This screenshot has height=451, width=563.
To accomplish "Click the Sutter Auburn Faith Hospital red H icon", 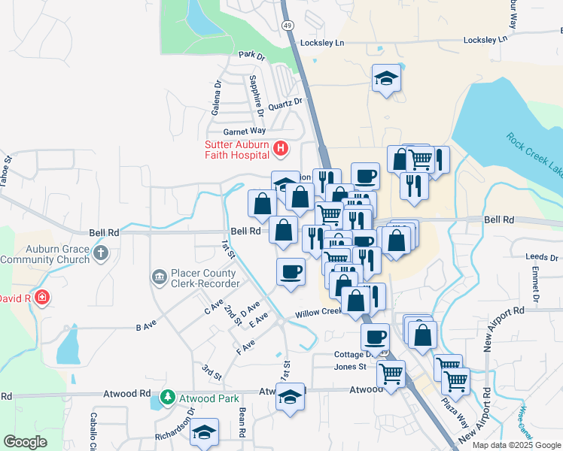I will [x=280, y=148].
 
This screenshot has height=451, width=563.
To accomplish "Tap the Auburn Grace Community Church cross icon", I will [x=102, y=253].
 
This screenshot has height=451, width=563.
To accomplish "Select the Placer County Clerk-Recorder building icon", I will [x=159, y=278].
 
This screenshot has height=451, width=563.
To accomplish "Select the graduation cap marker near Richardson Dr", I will [x=203, y=433].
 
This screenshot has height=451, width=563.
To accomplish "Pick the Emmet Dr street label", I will [x=536, y=283].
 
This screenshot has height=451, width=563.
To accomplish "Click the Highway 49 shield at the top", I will [x=288, y=26].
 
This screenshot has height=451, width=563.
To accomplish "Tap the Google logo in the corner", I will [x=25, y=441].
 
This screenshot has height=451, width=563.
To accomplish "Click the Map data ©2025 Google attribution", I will [x=517, y=445].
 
